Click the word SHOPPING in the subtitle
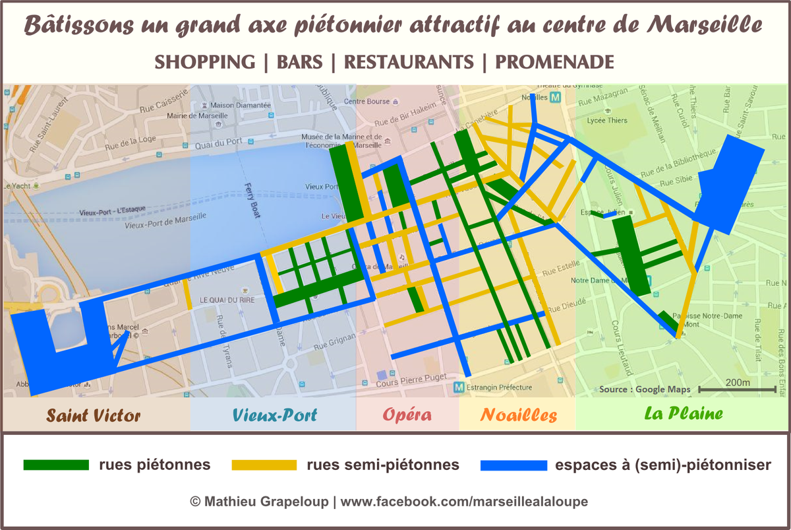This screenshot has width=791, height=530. click(x=204, y=62)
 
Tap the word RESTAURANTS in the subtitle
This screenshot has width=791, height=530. click(x=409, y=62)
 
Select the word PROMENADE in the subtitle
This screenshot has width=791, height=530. click(x=554, y=62)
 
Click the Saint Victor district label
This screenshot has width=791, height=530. click(x=93, y=415)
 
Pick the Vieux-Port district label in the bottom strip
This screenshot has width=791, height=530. click(x=274, y=415)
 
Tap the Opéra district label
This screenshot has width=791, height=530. click(x=407, y=415)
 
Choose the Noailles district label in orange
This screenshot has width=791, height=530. click(x=518, y=415)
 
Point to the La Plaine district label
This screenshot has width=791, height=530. click(x=682, y=414)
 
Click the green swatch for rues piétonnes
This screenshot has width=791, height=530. click(x=56, y=465)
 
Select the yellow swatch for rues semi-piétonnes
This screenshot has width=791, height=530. click(x=264, y=465)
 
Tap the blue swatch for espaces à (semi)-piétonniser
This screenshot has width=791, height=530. click(x=513, y=465)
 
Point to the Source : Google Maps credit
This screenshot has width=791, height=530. click(x=645, y=389)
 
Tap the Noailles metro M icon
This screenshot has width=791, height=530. click(x=555, y=97)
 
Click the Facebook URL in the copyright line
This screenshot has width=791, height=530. click(x=464, y=502)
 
